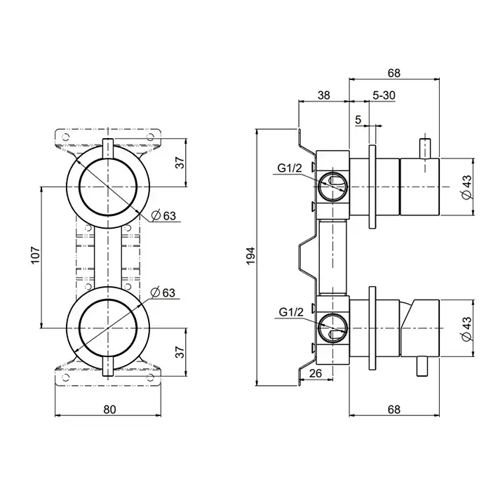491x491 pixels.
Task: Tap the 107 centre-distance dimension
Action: pyautogui.click(x=34, y=257)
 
